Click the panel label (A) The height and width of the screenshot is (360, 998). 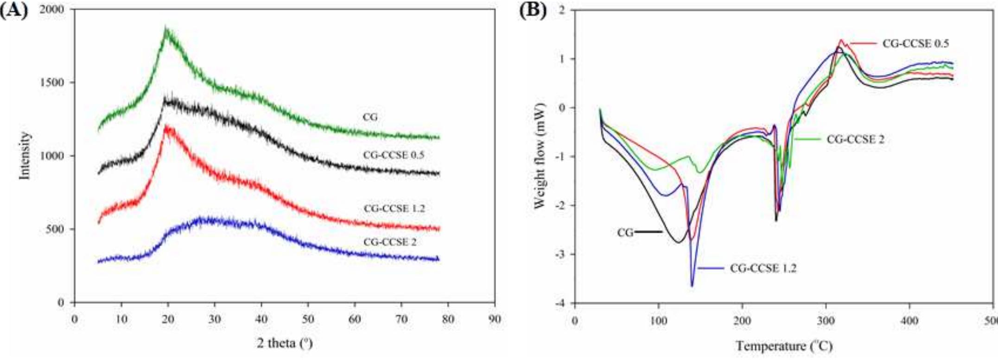point(14,10)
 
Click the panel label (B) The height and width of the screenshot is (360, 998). point(533,10)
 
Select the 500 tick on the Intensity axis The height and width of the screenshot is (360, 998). point(56,229)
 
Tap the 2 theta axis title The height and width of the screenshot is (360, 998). point(284,343)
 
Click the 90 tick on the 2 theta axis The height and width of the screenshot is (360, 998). point(495,319)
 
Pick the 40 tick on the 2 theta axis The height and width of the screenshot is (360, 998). point(261,319)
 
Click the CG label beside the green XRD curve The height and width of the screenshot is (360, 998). point(369,117)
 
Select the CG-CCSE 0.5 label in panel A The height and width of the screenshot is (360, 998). point(394,155)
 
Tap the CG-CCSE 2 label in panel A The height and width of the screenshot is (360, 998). point(390,242)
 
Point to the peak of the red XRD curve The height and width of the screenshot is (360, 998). point(166,126)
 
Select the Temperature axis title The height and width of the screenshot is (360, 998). point(783,346)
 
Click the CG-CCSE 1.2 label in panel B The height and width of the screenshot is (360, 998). point(763,268)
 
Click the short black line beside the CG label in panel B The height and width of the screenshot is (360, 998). point(648,231)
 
